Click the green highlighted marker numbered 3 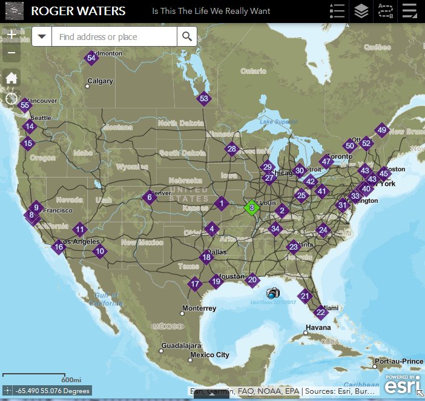tap(251, 207)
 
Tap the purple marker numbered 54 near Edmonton tap(91, 58)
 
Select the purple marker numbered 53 tap(203, 98)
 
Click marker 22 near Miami tap(321, 313)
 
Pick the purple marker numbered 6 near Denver tap(150, 197)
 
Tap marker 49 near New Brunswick tap(381, 130)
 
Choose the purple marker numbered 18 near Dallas tap(206, 257)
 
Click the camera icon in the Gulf tap(273, 293)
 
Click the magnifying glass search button tap(187, 37)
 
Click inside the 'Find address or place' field tap(114, 37)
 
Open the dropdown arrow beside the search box tap(42, 37)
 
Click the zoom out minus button tap(12, 53)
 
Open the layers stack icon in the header tap(361, 12)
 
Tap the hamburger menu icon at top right tap(409, 12)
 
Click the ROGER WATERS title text tap(78, 12)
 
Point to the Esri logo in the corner tap(403, 384)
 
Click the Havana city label tap(318, 328)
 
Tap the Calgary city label tap(100, 81)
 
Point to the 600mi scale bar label tap(71, 380)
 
